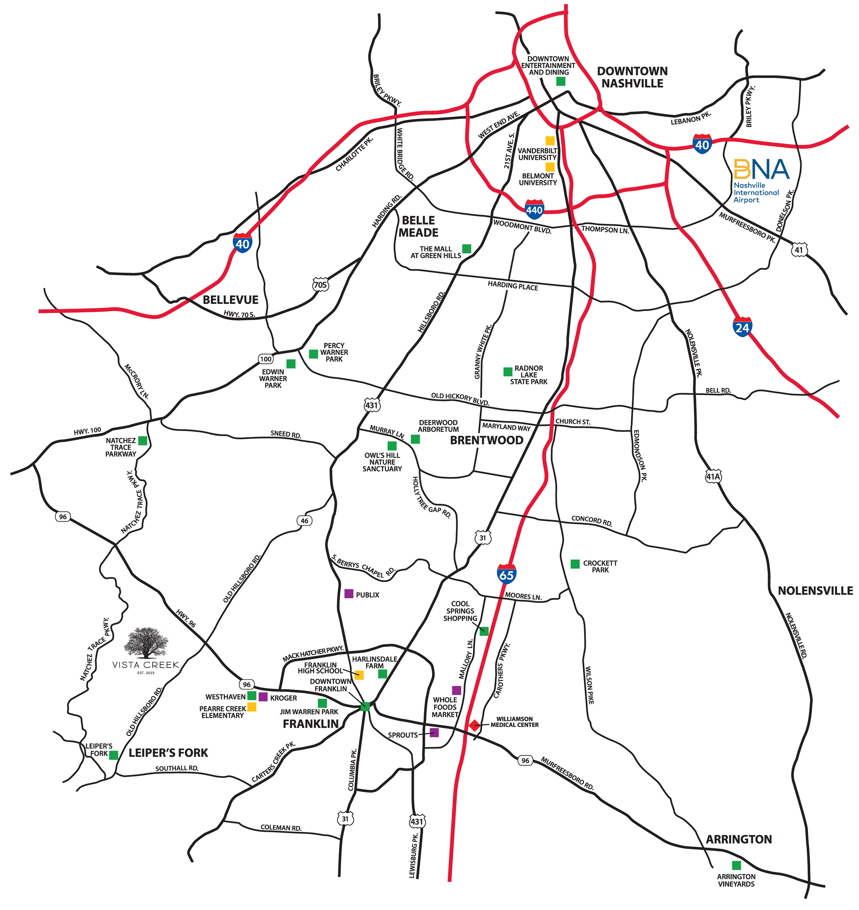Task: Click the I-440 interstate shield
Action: [x=534, y=209]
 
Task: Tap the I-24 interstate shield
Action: [x=742, y=327]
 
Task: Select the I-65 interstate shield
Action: [x=506, y=574]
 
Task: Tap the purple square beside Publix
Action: [x=349, y=594]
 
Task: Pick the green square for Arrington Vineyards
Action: [x=736, y=865]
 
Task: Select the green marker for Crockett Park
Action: [x=575, y=564]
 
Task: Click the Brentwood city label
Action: [x=486, y=440]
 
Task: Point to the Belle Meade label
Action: [x=418, y=226]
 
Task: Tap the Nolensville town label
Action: [x=815, y=591]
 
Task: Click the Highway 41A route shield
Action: [x=713, y=476]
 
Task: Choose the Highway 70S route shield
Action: [x=321, y=285]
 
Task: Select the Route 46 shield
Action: [x=305, y=521]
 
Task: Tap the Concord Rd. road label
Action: [x=592, y=521]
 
